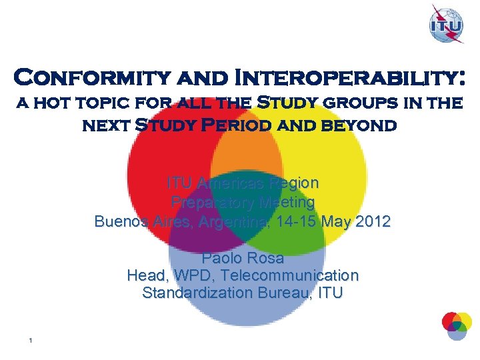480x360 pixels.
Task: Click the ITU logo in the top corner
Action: (x=447, y=25)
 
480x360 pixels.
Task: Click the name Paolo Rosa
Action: (x=243, y=258)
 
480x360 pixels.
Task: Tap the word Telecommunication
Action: (x=290, y=275)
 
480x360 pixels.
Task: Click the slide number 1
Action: (x=31, y=341)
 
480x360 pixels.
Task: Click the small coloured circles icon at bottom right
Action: (x=456, y=325)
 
